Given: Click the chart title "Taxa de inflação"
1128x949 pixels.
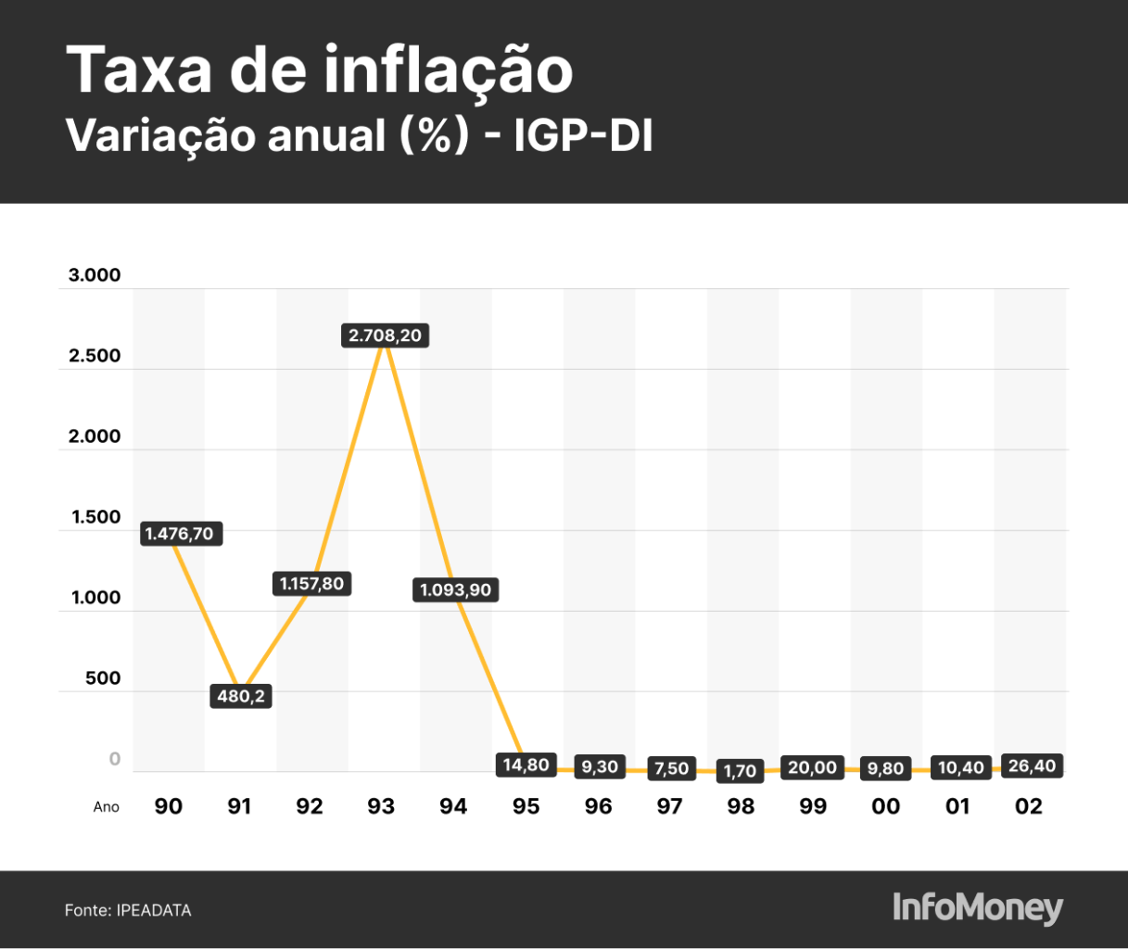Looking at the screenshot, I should coord(320,70).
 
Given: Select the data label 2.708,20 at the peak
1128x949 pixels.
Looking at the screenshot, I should coord(385,335).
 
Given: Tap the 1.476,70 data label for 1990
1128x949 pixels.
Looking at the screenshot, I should coord(180,534).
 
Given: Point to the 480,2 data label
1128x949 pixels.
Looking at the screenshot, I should coord(241,695).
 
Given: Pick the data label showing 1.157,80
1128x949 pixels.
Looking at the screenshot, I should coord(312,584).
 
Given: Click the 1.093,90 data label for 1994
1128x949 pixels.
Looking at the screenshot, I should coord(455,590).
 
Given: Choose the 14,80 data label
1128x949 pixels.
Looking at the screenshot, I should coord(526,766).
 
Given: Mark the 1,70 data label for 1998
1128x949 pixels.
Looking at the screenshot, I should coord(740,770).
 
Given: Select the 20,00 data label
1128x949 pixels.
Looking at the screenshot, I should coord(812,767).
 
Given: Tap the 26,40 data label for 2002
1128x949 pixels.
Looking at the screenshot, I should coord(1031,766).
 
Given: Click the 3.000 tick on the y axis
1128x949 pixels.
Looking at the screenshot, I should coord(95,275).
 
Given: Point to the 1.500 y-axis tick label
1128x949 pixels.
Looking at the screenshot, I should coord(96,517).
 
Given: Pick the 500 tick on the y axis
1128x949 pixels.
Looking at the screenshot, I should coord(103,678).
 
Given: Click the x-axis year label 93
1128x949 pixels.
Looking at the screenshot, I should coord(381,806).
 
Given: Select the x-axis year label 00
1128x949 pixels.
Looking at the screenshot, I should coord(886,806).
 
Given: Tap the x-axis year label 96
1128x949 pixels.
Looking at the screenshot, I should coord(599,806).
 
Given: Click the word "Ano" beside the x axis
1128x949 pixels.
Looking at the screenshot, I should coord(107,807).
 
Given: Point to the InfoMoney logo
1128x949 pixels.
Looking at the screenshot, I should coord(978,908).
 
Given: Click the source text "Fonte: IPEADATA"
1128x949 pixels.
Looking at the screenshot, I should coord(128,910).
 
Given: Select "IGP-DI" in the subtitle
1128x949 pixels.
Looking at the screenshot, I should coord(583,135).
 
